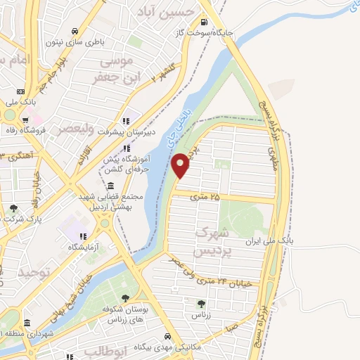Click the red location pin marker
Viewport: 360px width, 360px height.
click(x=181, y=166)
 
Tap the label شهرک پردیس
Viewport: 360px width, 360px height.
click(x=210, y=240)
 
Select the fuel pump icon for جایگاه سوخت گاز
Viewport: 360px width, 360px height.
click(x=207, y=21)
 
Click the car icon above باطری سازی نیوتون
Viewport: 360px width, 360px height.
click(x=75, y=31)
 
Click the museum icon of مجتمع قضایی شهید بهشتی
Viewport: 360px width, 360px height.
click(x=111, y=186)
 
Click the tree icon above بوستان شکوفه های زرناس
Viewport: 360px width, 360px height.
click(x=125, y=299)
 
